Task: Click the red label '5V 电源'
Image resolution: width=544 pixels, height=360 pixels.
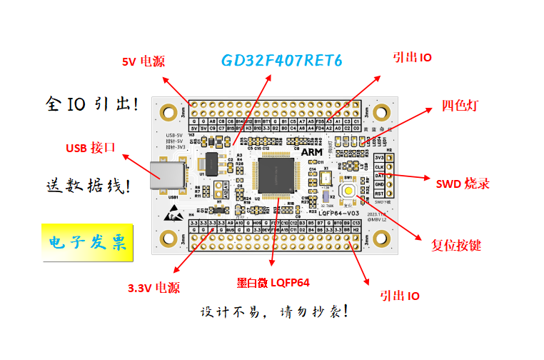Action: pos(143,61)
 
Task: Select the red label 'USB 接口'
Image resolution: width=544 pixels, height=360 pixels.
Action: pos(91,148)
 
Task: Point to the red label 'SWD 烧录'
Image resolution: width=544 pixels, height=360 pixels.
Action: pos(463,183)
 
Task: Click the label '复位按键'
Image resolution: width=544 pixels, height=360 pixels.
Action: pos(456,245)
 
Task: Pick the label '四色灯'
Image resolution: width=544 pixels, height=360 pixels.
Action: pos(460,106)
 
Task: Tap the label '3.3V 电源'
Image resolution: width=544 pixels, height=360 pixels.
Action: pos(153,288)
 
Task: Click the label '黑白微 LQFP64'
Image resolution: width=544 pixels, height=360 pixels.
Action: pos(273,283)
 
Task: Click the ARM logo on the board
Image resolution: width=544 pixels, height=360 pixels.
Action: pos(311,152)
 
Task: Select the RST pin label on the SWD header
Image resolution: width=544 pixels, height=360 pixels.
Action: pos(379,193)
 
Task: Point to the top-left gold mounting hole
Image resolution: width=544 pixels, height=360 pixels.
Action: pos(168,112)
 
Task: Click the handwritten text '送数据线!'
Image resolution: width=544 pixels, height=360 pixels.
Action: pos(88,187)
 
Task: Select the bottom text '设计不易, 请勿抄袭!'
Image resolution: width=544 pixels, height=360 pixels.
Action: pos(275,312)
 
